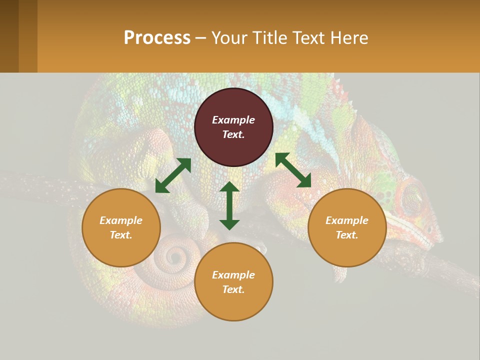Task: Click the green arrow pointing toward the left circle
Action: coord(173,175)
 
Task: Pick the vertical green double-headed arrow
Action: coord(229,205)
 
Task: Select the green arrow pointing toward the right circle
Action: coord(293,170)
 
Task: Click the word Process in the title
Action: coord(157,37)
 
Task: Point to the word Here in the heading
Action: coord(349,37)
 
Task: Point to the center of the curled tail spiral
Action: coord(175,257)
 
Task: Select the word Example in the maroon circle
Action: coord(233,120)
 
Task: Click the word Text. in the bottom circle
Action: coord(233,289)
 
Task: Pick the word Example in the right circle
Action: coord(347,220)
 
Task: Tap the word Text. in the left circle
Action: coord(121,235)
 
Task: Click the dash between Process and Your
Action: coord(200,38)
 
